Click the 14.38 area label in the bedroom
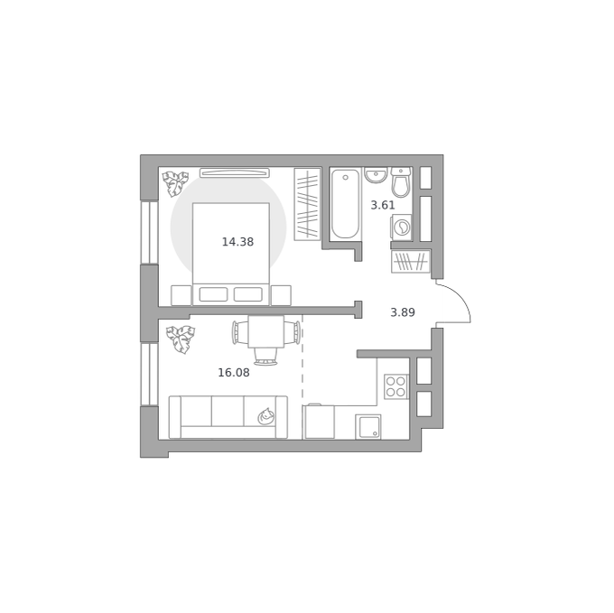point(237,242)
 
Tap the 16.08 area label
point(233,373)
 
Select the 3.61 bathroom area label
point(383,205)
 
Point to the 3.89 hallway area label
point(403,312)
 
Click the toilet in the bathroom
point(401,182)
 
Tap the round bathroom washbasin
point(376,174)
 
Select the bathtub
point(345,204)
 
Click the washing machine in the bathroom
point(401,227)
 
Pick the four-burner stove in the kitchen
point(395,386)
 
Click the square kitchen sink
point(368,427)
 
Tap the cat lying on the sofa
point(265,416)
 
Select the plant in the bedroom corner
point(175,183)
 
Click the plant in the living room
point(181,339)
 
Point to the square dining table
point(266,332)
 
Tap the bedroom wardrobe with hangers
point(307,204)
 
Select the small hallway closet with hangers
point(410,262)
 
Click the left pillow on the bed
point(213,294)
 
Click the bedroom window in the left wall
point(150,233)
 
